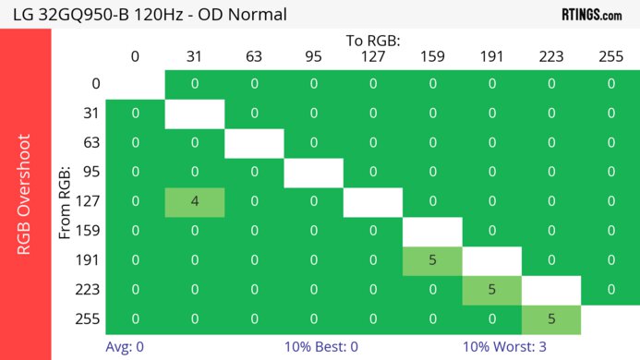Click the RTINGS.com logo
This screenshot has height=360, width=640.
click(592, 14)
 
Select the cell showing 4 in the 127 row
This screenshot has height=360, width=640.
click(195, 202)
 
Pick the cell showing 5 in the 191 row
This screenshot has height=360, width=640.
click(432, 260)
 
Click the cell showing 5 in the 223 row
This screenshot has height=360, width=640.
click(491, 290)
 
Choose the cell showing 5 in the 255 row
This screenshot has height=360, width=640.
click(551, 319)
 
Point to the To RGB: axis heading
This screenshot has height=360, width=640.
click(373, 41)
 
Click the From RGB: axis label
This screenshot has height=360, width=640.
click(65, 202)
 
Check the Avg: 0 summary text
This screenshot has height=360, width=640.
click(125, 347)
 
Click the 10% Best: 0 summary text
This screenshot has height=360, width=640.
click(321, 347)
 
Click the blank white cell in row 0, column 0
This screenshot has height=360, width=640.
click(135, 84)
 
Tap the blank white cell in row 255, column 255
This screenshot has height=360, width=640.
click(610, 319)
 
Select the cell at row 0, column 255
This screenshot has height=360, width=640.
click(610, 84)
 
